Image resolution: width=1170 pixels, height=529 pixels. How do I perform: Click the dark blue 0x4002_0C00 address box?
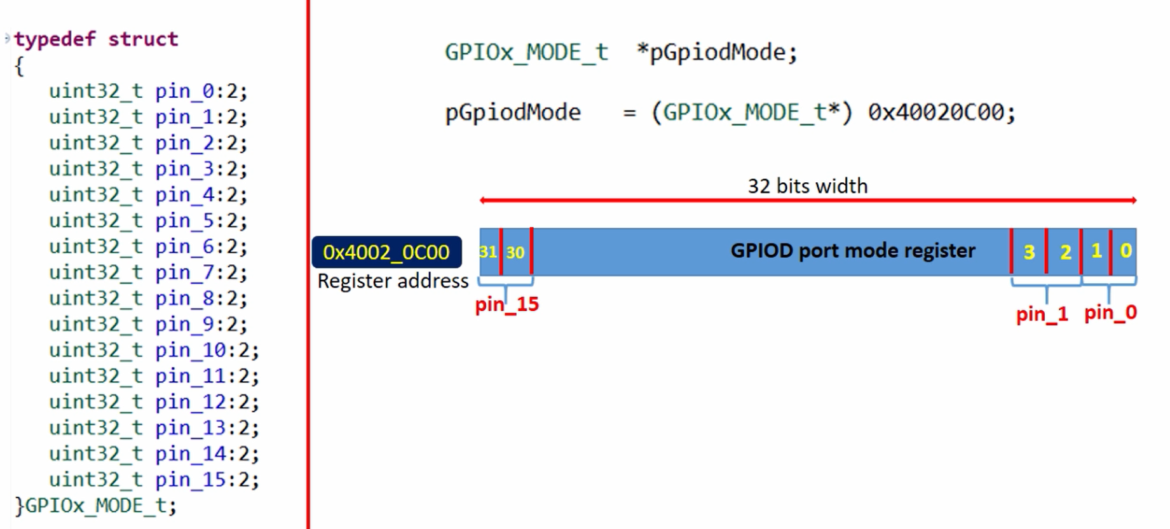(x=386, y=252)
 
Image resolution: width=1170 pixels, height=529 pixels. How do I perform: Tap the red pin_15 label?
(x=507, y=304)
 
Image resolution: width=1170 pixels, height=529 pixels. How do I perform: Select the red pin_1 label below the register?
(x=1042, y=314)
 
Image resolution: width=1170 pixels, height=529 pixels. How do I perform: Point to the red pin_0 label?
(x=1111, y=312)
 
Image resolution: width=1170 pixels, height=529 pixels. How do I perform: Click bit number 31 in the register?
(x=488, y=252)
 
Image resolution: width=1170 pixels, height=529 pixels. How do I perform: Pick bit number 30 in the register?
(x=515, y=252)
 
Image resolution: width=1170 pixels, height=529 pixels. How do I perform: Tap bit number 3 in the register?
(x=1029, y=252)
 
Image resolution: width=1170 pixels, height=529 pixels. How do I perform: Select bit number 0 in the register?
(x=1126, y=250)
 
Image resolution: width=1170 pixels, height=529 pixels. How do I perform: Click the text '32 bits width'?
(x=808, y=186)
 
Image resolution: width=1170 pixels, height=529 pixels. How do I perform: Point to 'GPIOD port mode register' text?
(x=853, y=251)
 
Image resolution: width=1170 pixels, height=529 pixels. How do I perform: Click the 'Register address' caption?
(x=393, y=281)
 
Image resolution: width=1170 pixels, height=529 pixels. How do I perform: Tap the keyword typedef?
(x=55, y=39)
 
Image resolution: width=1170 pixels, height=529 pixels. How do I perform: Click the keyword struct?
(x=143, y=39)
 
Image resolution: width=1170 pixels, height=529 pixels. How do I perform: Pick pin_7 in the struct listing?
(x=185, y=272)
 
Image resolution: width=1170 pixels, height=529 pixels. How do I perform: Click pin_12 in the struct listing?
(x=191, y=402)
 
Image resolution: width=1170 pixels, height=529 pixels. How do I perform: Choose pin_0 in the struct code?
(x=185, y=91)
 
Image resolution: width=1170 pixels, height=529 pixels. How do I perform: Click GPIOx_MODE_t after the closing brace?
(x=95, y=506)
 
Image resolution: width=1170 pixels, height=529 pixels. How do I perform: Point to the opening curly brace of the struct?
(x=19, y=66)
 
